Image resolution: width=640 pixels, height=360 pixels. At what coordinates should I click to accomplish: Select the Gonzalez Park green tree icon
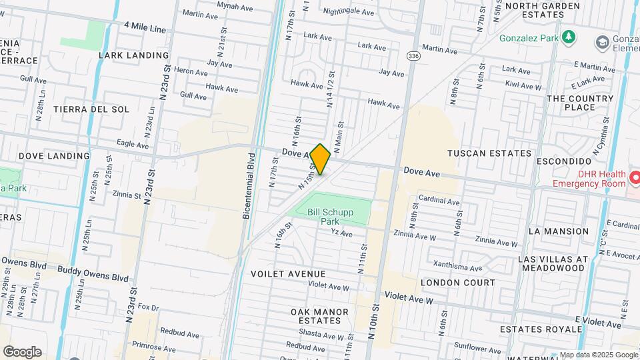click(x=568, y=37)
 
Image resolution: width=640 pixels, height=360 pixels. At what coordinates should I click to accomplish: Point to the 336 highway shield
click(x=413, y=55)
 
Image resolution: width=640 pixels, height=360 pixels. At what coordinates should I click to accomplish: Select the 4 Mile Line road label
click(x=144, y=29)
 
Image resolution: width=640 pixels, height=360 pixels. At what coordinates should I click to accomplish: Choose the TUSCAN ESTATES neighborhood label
click(x=489, y=153)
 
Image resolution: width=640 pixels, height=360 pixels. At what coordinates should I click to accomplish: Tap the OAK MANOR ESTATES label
click(x=319, y=316)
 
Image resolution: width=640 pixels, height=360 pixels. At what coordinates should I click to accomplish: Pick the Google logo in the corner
click(x=21, y=351)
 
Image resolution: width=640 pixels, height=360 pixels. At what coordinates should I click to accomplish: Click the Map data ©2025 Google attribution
click(x=598, y=355)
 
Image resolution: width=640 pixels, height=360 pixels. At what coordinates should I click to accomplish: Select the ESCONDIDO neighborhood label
click(x=566, y=161)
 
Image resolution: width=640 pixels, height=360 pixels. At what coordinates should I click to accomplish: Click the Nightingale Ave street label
click(x=348, y=11)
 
